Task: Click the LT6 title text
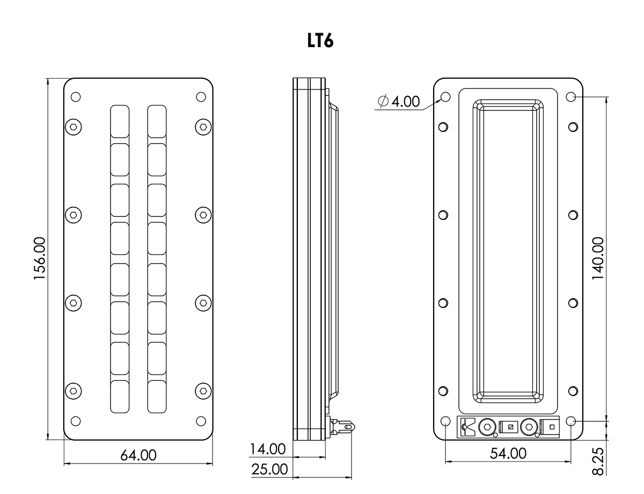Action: [x=320, y=41]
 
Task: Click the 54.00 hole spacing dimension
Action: [x=508, y=453]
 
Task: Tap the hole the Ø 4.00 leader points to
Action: [x=445, y=97]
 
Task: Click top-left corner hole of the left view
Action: [x=76, y=97]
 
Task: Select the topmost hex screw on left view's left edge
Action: [x=74, y=127]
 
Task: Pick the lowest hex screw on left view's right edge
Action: [x=202, y=390]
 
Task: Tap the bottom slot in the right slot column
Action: [x=157, y=396]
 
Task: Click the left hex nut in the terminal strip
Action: [x=487, y=427]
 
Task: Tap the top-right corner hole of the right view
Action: [x=571, y=97]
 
